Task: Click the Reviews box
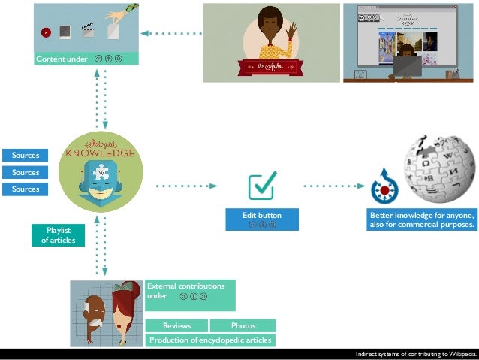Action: [x=176, y=325]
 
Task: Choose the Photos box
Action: [x=243, y=325]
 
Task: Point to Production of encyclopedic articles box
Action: [x=210, y=340]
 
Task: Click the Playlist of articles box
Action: [x=58, y=235]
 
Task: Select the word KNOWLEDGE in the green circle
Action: [x=100, y=153]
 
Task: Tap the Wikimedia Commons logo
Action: [x=384, y=186]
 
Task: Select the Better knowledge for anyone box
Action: [x=423, y=219]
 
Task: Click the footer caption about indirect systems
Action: [x=415, y=353]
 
